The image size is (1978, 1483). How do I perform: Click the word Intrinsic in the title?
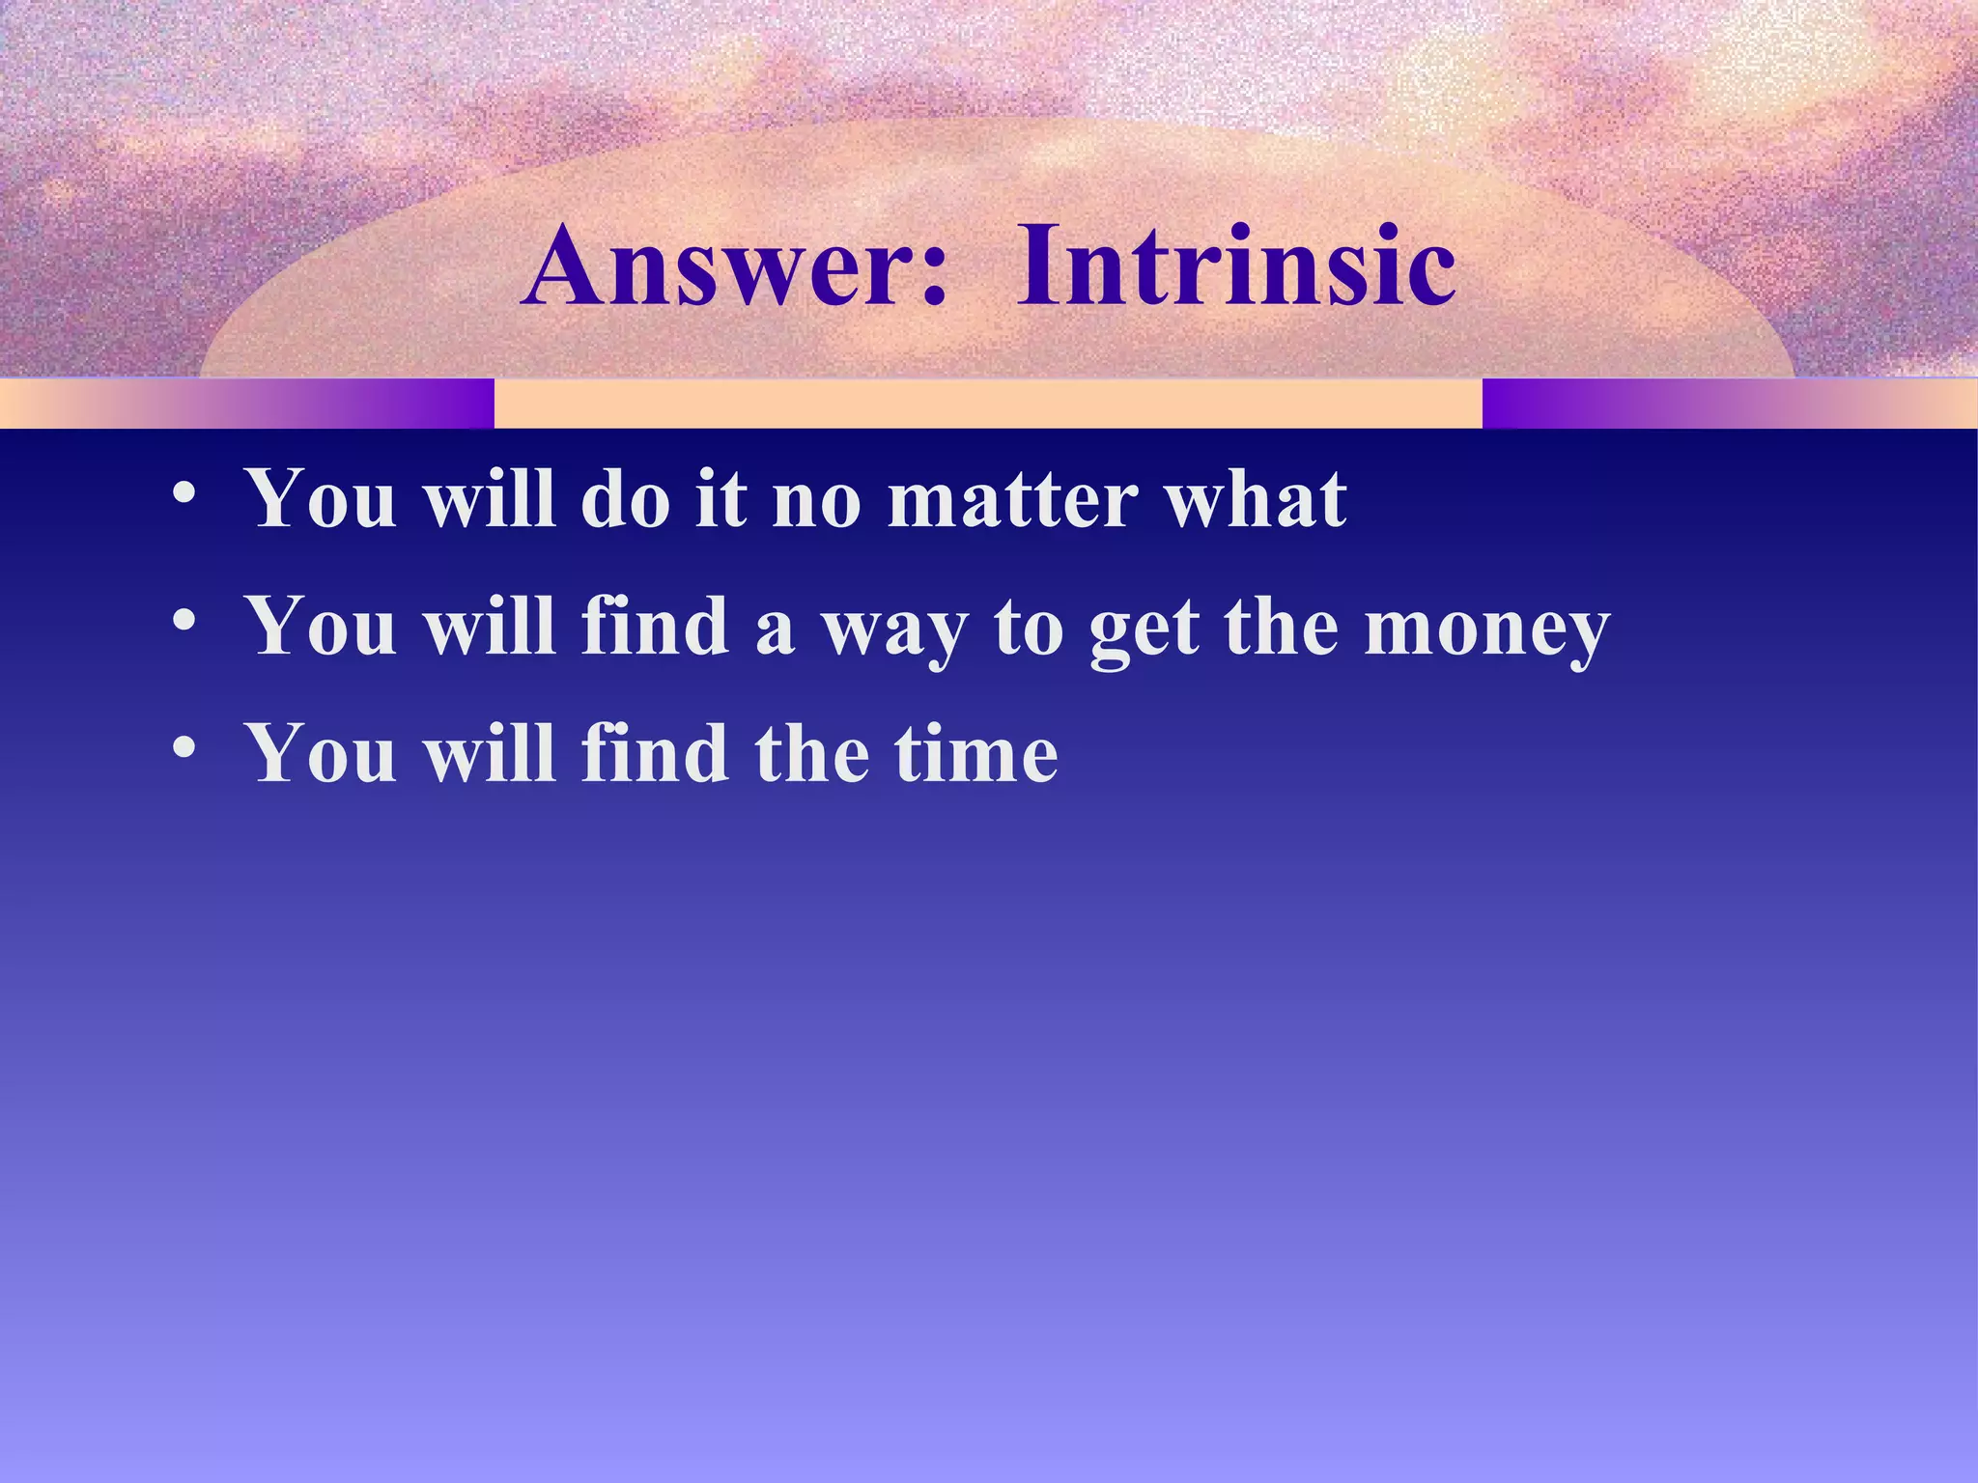(x=1235, y=266)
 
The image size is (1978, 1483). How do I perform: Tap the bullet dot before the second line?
(x=184, y=621)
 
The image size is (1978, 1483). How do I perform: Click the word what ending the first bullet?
(x=1256, y=500)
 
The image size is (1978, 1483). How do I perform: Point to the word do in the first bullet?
(x=625, y=500)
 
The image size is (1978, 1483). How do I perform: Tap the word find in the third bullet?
(x=654, y=754)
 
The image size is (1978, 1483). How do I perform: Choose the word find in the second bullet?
(x=654, y=628)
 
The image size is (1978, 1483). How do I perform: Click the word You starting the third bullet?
(x=322, y=754)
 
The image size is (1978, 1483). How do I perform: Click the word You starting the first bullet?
(x=322, y=500)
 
